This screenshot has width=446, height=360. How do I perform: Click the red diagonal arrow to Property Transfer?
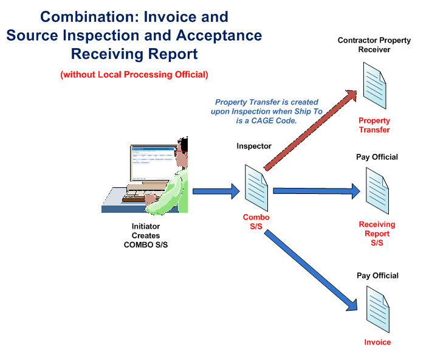(x=310, y=126)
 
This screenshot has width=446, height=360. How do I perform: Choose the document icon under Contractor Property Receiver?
(x=374, y=85)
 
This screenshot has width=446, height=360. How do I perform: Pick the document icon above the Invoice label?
(x=377, y=308)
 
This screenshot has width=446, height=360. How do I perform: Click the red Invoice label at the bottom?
(x=377, y=342)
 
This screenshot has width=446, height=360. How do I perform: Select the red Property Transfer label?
(x=374, y=125)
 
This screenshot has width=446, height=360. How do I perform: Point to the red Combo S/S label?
(x=256, y=222)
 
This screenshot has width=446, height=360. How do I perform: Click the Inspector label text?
(x=254, y=147)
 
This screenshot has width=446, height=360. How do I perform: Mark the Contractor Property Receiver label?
(x=374, y=45)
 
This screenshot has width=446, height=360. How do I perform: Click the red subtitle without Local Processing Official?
(x=134, y=75)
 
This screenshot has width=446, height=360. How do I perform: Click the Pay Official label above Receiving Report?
(x=377, y=157)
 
